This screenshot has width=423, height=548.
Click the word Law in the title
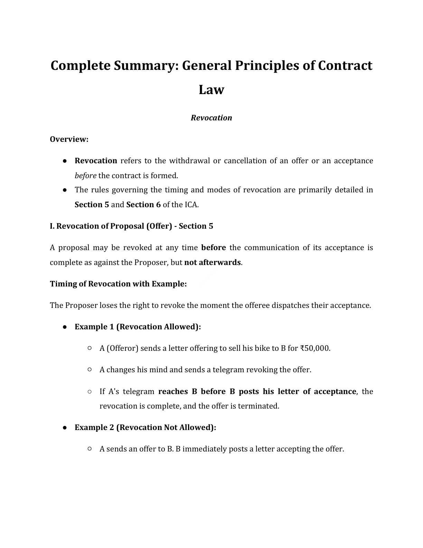click(x=211, y=90)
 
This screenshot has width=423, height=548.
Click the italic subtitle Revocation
click(x=211, y=118)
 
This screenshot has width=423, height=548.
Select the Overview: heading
click(x=69, y=139)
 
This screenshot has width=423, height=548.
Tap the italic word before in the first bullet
click(x=85, y=175)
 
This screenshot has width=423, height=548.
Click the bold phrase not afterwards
click(x=212, y=262)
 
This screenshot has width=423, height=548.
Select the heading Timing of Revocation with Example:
click(x=118, y=284)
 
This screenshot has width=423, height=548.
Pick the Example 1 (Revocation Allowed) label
click(x=138, y=327)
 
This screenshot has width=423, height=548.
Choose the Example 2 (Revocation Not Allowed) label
click(x=145, y=427)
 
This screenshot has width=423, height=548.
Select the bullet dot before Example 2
click(x=65, y=428)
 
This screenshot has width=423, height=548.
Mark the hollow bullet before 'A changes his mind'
click(x=90, y=369)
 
